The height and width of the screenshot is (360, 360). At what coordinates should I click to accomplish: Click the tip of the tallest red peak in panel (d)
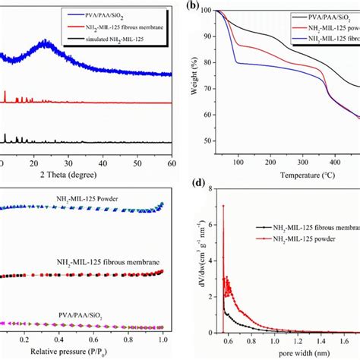point(223,205)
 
